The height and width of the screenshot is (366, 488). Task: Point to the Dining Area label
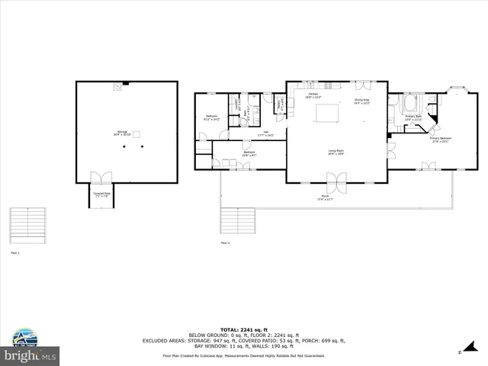pyautogui.click(x=361, y=101)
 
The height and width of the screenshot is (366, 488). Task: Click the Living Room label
pyautogui.click(x=335, y=152)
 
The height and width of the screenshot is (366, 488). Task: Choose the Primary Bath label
pyautogui.click(x=413, y=117)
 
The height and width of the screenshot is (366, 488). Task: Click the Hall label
pyautogui.click(x=266, y=133)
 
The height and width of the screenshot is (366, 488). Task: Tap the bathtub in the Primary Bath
pyautogui.click(x=412, y=103)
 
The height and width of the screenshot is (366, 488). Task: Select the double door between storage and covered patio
pyautogui.click(x=101, y=178)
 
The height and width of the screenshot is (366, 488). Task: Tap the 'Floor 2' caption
pyautogui.click(x=225, y=243)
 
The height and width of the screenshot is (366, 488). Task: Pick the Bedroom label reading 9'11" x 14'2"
pyautogui.click(x=211, y=118)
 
